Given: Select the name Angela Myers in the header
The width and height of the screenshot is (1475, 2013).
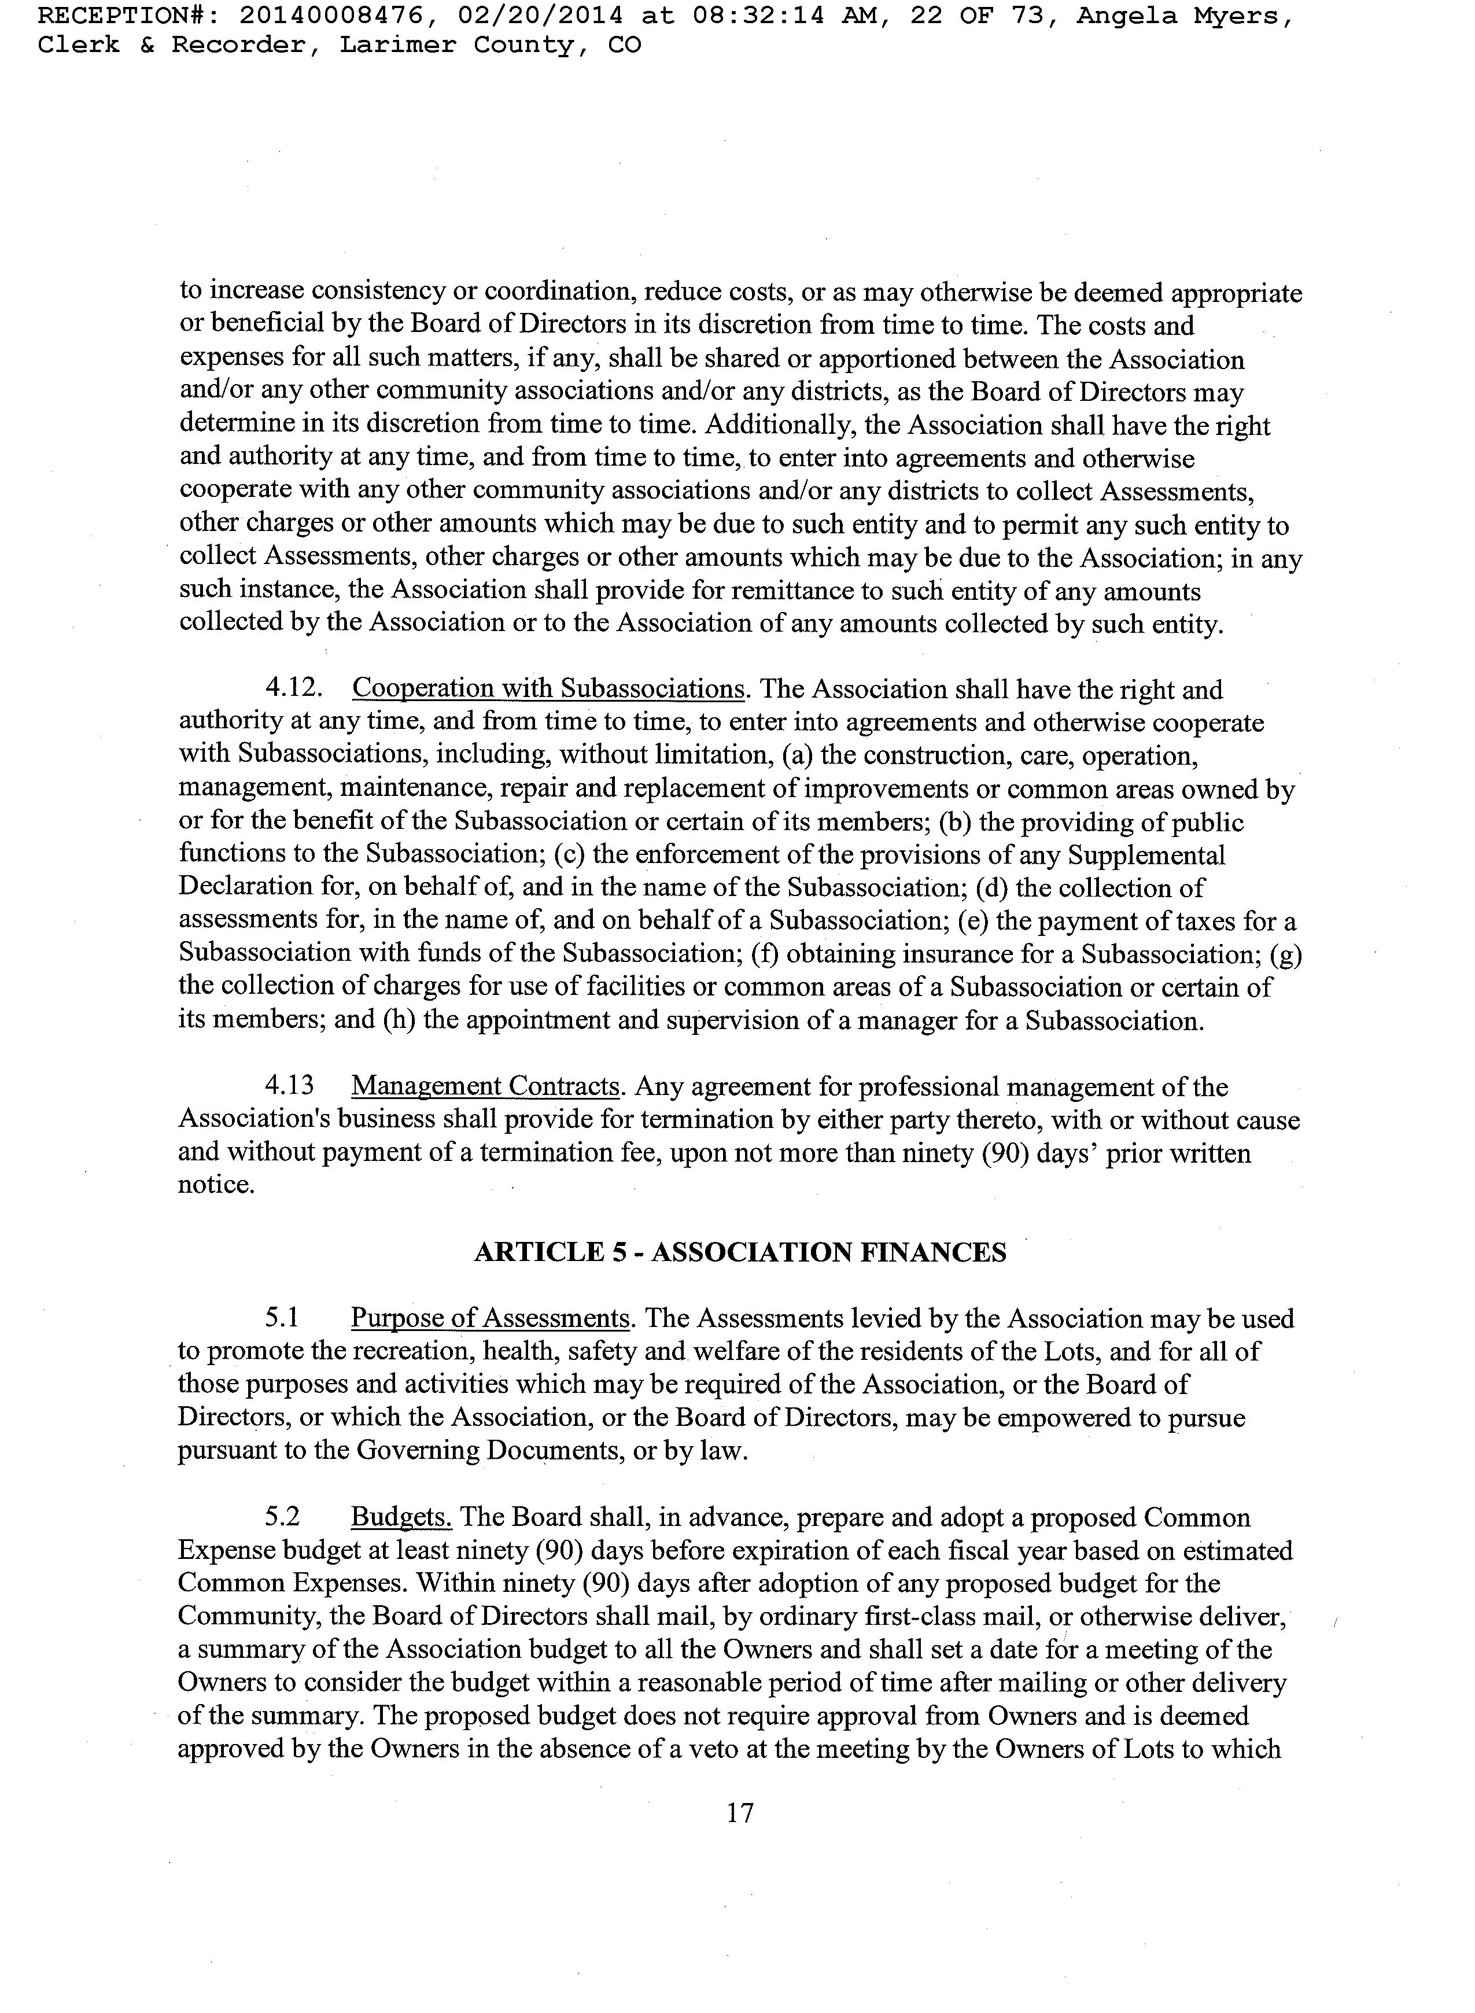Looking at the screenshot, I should tap(1183, 15).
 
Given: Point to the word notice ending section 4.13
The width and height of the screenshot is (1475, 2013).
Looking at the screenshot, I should tap(216, 1185).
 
